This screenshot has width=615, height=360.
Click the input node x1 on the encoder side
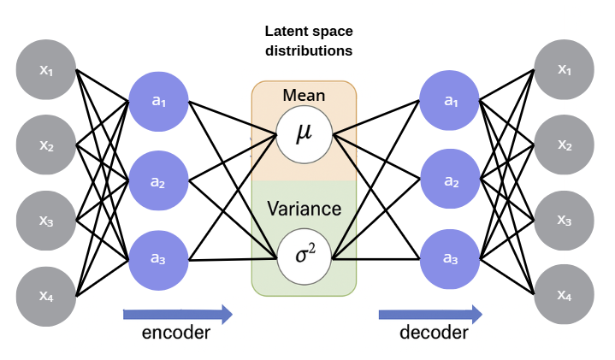point(47,69)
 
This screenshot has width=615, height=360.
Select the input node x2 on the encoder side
point(47,145)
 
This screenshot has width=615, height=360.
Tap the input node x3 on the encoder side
point(47,221)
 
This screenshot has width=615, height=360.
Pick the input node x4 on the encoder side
point(47,296)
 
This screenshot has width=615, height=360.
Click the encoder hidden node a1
point(158,101)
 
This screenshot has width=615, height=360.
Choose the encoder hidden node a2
point(158,181)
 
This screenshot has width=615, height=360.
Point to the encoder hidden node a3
point(158,259)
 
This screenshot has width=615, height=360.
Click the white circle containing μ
point(304,135)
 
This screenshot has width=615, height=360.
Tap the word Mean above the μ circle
point(304,95)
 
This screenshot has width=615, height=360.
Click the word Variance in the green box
point(304,209)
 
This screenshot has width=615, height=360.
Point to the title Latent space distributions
point(307,40)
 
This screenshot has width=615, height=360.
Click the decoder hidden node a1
point(450,101)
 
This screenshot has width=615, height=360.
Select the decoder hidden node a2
point(450,181)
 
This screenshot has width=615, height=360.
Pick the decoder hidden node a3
point(450,259)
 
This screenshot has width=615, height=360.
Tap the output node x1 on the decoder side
point(564,69)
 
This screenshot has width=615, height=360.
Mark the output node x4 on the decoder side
point(564,296)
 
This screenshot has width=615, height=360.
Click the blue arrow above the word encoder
point(177,314)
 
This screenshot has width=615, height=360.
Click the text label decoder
point(434,333)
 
